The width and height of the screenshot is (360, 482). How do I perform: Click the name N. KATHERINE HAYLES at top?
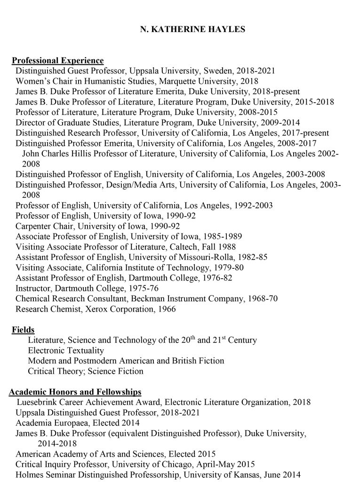pyautogui.click(x=193, y=29)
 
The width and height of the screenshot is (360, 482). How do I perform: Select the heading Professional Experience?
pyautogui.click(x=57, y=60)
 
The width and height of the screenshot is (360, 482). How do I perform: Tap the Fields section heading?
pyautogui.click(x=23, y=330)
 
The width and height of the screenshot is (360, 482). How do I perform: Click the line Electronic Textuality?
pyautogui.click(x=66, y=351)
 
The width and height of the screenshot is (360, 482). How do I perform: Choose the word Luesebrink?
pyautogui.click(x=40, y=402)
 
